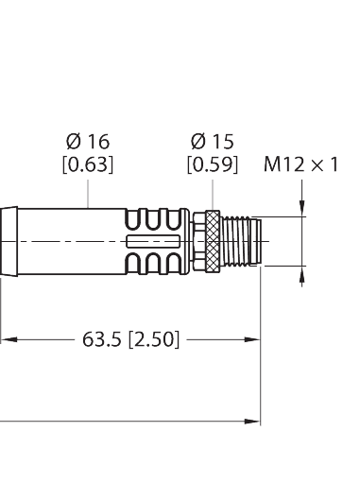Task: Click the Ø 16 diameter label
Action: click(x=88, y=142)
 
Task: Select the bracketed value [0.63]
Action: click(x=88, y=164)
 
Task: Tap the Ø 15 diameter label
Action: click(x=211, y=142)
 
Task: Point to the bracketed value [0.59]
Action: click(x=211, y=164)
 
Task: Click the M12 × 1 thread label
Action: click(x=301, y=164)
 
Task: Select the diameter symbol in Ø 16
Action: click(x=73, y=142)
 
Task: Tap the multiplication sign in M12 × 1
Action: click(x=318, y=164)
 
